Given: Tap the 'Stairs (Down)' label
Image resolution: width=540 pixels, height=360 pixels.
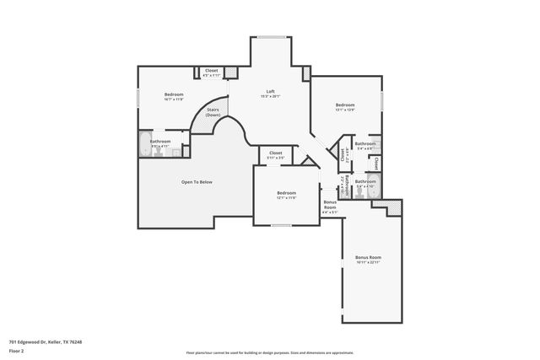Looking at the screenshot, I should (x=213, y=111).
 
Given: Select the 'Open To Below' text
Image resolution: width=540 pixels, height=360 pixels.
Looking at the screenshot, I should (x=196, y=182).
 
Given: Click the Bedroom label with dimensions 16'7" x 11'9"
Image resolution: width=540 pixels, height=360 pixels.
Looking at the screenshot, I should (x=174, y=95).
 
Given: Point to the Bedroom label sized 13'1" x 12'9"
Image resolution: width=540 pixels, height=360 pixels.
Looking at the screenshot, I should (x=345, y=106).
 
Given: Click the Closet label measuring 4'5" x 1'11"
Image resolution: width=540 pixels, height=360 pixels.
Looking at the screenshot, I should (x=212, y=73).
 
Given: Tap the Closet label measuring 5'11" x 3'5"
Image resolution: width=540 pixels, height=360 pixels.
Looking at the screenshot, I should (x=275, y=154).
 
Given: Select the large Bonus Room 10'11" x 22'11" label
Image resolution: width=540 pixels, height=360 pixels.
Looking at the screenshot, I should (x=368, y=259).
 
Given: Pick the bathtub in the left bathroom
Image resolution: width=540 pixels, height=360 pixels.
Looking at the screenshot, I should (x=146, y=142).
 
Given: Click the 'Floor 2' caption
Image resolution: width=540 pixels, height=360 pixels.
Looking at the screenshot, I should (x=17, y=349).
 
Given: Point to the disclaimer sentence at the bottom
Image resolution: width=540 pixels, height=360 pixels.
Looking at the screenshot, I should (x=270, y=353).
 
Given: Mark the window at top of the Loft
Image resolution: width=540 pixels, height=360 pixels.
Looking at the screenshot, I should (x=270, y=37).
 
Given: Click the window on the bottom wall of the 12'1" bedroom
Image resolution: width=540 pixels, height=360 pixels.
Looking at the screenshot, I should (x=281, y=225).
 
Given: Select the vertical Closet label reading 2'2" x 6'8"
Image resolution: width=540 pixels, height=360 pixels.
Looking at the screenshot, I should (x=343, y=154).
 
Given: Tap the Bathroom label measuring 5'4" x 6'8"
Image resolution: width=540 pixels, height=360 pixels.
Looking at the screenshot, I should (x=365, y=146).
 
